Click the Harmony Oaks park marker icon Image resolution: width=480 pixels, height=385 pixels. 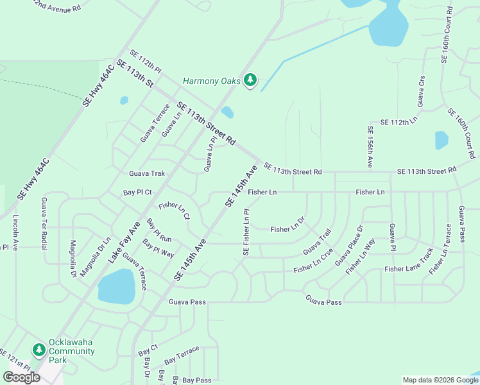click(250, 81)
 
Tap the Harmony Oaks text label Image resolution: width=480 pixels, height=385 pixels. click(211, 81)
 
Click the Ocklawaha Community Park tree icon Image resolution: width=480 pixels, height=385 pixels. click(39, 348)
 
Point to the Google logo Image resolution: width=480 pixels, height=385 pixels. click(21, 377)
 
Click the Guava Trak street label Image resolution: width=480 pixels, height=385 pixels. click(147, 173)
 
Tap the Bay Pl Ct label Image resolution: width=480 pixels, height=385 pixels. click(137, 192)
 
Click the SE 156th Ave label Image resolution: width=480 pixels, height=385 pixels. click(370, 147)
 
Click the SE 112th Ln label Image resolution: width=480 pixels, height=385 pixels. click(399, 121)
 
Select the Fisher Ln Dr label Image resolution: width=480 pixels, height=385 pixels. click(287, 229)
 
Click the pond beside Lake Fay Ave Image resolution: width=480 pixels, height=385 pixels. click(116, 286)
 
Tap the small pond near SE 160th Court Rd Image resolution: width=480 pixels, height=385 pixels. click(441, 140)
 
